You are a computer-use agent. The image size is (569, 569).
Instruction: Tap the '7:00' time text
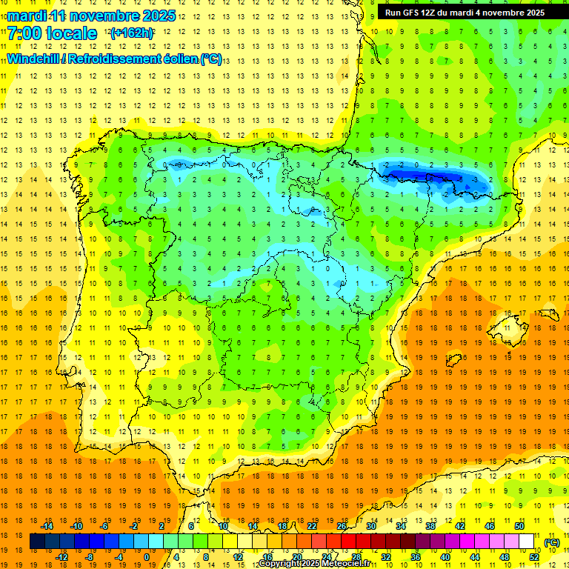[x=24, y=33]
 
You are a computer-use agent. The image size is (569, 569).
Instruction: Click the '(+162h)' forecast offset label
[x=132, y=33]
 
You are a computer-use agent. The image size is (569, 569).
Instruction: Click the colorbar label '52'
[x=534, y=557]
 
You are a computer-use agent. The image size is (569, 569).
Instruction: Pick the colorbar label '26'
[x=342, y=526]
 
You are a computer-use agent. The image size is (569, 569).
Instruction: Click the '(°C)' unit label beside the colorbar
[x=551, y=542]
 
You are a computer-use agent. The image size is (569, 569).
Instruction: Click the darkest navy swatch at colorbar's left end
[x=36, y=542]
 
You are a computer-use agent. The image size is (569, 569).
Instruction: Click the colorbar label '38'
[x=430, y=526]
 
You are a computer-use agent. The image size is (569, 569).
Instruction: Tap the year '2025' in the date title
[x=158, y=16]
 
